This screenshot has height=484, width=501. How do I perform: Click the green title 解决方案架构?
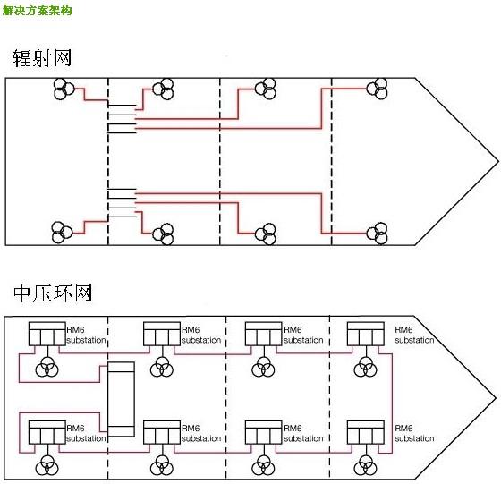click(x=37, y=11)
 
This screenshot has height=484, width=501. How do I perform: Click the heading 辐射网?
click(x=41, y=58)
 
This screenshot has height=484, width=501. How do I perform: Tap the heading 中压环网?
click(x=53, y=293)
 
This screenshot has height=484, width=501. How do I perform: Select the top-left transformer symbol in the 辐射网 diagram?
click(x=64, y=89)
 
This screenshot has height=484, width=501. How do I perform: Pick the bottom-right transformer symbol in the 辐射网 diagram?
click(x=377, y=234)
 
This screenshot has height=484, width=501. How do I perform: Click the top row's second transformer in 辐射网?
click(x=163, y=89)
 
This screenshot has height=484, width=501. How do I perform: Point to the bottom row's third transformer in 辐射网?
click(x=266, y=234)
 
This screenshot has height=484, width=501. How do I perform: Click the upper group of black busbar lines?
click(x=122, y=119)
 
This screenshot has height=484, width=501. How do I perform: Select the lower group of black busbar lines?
click(x=122, y=203)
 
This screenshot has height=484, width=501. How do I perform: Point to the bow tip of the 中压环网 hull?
click(x=497, y=398)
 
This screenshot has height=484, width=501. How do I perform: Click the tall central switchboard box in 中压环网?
click(x=121, y=399)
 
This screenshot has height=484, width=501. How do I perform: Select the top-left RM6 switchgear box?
click(x=47, y=334)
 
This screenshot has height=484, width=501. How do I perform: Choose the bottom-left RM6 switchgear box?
click(x=47, y=432)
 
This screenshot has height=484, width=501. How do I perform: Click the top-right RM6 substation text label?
click(x=414, y=335)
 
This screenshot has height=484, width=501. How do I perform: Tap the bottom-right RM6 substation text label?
click(x=414, y=433)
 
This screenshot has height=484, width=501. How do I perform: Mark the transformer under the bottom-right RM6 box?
click(x=366, y=465)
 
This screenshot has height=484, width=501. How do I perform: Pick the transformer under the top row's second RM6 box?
click(x=162, y=367)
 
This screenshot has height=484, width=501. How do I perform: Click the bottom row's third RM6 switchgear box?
click(x=264, y=432)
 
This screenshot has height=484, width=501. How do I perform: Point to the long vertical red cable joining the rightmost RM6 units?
click(x=392, y=403)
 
